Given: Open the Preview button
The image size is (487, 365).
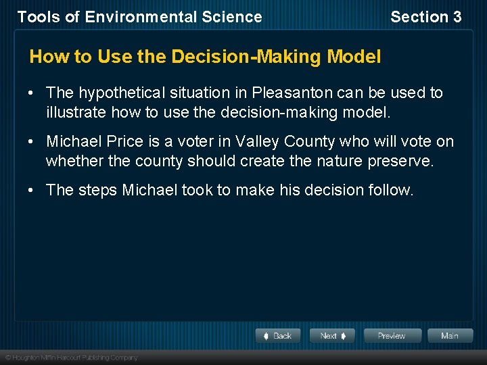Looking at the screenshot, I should pos(392,336).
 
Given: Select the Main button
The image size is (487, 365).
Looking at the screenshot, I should pos(449,336).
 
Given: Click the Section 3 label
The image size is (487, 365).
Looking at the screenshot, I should pos(425,17).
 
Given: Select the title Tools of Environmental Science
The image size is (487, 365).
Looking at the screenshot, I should pos(139,17).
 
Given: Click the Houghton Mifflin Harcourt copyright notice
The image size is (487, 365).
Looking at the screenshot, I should pos(72,357).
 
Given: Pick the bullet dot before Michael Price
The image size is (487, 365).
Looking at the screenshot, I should pos(32,141).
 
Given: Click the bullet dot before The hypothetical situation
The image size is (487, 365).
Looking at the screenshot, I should pos(32,93).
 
